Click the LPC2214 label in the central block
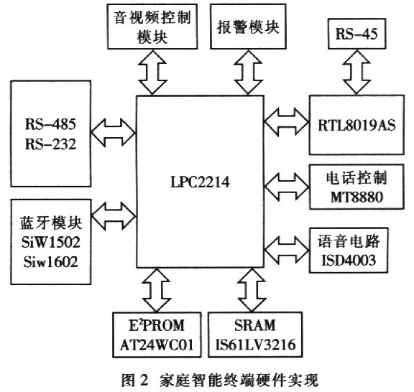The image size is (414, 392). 200,182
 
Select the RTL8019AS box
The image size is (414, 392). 356,125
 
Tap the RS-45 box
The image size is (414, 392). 356,34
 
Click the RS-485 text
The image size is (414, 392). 50,124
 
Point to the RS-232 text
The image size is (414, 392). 50,144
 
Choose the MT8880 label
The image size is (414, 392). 356,197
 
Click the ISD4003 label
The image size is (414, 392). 349,260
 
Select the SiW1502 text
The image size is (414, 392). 51,242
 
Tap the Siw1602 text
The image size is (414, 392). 51,262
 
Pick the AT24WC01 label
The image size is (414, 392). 157,345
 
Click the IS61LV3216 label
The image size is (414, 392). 255,345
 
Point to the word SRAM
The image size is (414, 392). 255,325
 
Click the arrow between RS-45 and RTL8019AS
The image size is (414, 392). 356,72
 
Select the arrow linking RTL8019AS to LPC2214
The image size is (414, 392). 287,122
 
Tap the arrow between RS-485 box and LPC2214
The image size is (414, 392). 114,133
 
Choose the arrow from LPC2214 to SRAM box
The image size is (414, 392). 252,290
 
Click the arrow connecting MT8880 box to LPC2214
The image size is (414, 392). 287,187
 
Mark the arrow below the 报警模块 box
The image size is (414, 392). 248,72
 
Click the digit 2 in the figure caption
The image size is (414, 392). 143,380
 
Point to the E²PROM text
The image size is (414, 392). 157,325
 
